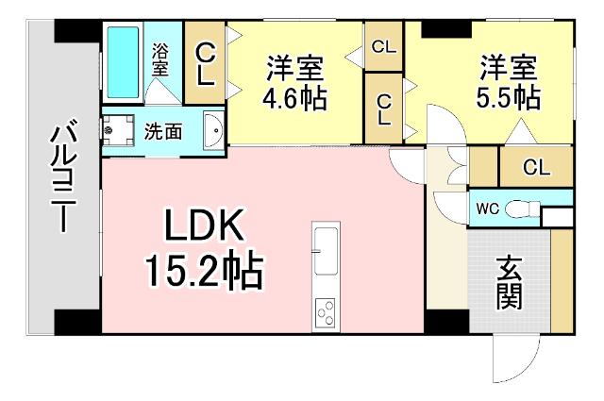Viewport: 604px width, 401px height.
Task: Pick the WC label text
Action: [487, 209]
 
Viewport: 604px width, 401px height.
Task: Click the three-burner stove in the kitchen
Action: [326, 310]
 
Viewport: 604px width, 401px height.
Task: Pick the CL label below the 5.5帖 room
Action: [535, 168]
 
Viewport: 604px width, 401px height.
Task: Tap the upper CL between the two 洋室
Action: [383, 46]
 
